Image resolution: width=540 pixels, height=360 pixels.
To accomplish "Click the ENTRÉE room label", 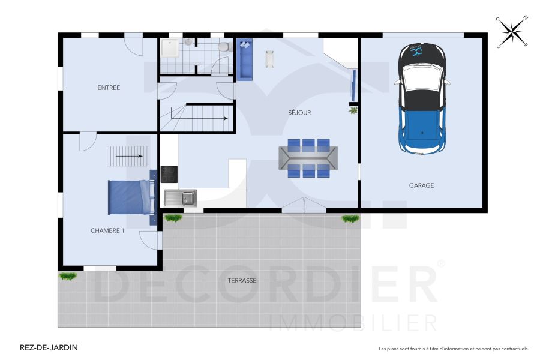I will (109, 88).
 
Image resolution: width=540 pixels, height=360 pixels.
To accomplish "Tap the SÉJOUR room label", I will (299, 112).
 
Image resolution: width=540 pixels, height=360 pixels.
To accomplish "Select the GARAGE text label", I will (421, 185).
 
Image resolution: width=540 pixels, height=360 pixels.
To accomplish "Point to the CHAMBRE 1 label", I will (107, 230).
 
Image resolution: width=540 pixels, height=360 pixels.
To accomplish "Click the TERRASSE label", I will (242, 280).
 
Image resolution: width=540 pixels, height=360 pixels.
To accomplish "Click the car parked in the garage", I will (424, 99).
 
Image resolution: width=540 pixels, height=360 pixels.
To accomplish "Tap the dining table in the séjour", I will (308, 158).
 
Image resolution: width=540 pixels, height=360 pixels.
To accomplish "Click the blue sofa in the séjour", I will (245, 59).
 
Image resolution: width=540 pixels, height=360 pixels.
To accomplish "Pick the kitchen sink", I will (181, 197).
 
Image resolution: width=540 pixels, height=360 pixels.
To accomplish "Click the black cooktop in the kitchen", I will (169, 174).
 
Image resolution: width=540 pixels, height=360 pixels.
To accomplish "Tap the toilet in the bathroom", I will (224, 47).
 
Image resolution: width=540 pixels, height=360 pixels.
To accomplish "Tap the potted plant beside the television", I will (353, 110).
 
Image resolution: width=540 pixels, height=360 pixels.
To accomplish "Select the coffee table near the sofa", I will (270, 59).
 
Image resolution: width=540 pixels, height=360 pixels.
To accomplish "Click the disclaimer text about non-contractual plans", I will (453, 349).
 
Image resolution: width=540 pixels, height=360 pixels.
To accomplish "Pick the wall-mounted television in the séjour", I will (354, 84).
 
